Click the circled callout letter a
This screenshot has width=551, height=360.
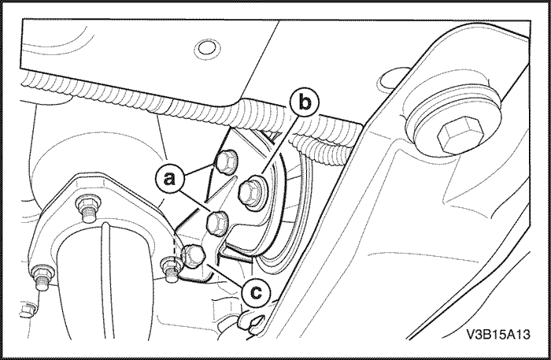pos(170,179)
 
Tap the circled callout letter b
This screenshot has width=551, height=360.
pos(305,102)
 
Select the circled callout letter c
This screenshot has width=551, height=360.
pos(257,292)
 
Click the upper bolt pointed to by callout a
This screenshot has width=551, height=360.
pos(226,163)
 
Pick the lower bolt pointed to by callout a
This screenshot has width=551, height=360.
pos(217,222)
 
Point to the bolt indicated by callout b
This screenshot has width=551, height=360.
pos(253,192)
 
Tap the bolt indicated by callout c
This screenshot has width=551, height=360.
pos(193,256)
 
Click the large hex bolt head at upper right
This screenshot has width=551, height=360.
pos(460,135)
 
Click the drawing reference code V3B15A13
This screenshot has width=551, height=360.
pos(498,334)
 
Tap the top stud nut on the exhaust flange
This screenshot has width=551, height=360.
pos(87,207)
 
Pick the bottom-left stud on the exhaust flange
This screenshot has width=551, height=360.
pos(43,278)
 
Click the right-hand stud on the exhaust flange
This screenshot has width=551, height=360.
pos(172,269)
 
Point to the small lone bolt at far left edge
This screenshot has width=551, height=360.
pos(27,311)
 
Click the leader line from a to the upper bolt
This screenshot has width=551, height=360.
pos(200,169)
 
